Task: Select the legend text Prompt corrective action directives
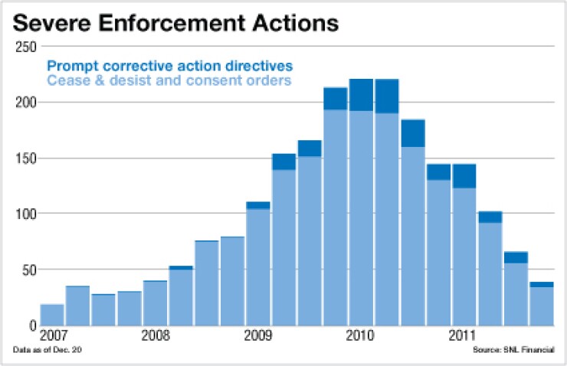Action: point(169,66)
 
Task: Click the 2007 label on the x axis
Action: point(51,335)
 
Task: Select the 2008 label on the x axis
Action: point(155,335)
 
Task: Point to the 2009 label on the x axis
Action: point(257,335)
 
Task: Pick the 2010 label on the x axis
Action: point(360,335)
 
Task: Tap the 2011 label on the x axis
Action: point(464,335)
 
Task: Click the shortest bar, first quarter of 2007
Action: point(52,315)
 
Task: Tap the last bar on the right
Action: point(542,304)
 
